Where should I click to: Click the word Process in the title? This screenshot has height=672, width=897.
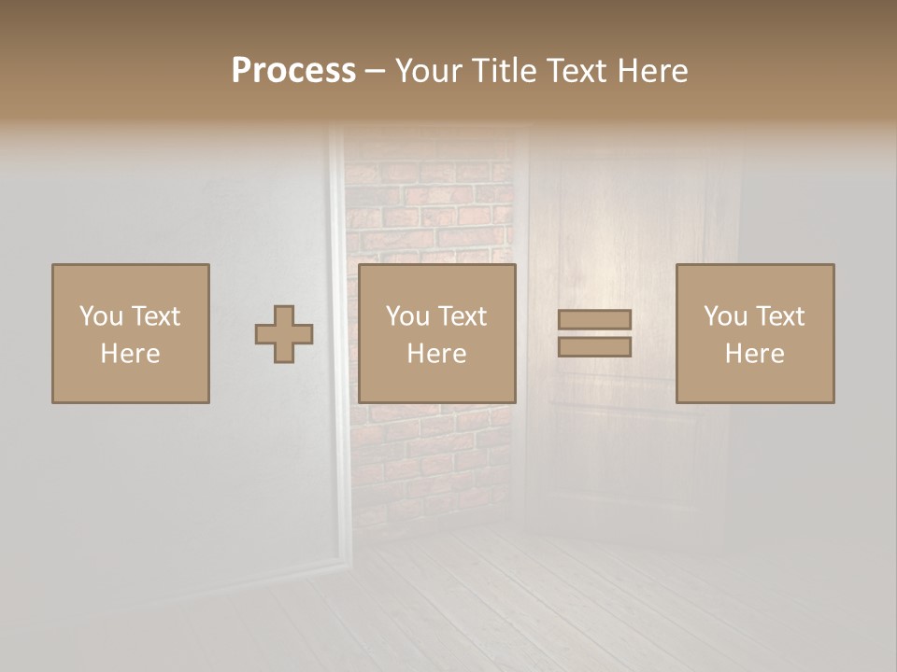(x=293, y=70)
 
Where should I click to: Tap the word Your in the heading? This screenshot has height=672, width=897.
(x=430, y=70)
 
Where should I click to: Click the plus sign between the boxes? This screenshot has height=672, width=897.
(x=284, y=334)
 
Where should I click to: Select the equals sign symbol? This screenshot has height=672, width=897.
(x=594, y=333)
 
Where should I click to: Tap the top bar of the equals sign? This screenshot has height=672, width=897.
(x=594, y=319)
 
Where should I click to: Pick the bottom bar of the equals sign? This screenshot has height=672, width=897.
(x=594, y=347)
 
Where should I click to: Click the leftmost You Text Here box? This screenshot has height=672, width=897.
(x=131, y=333)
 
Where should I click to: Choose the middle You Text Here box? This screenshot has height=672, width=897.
(x=437, y=333)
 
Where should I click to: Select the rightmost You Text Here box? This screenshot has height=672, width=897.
(x=755, y=333)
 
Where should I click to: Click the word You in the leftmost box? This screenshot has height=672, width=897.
(x=100, y=316)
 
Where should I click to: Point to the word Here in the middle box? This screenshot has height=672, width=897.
(x=437, y=354)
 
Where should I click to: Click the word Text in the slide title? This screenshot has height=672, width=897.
(x=578, y=70)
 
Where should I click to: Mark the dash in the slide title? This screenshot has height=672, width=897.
(x=376, y=72)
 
